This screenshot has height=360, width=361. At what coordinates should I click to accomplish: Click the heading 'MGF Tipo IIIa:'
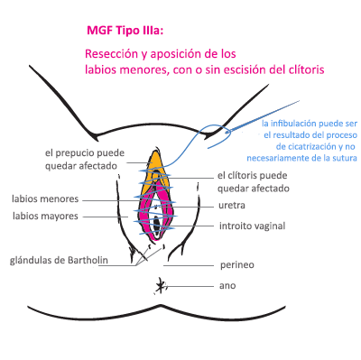125,31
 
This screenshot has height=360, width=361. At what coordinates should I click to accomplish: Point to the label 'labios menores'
45,198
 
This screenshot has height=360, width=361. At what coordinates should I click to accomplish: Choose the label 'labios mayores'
45,216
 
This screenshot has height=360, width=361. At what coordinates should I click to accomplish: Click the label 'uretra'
232,206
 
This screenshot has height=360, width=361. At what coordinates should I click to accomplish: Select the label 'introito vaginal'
252,226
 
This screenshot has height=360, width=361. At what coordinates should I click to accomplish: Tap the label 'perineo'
237,265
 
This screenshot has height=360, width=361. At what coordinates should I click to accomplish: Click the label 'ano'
227,286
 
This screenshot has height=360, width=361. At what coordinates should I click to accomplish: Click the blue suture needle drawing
263,116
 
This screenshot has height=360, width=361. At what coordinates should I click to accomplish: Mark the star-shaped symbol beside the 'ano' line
160,286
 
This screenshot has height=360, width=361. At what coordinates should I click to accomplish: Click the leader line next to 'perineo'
189,266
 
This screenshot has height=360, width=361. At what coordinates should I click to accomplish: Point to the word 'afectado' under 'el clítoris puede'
270,189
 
